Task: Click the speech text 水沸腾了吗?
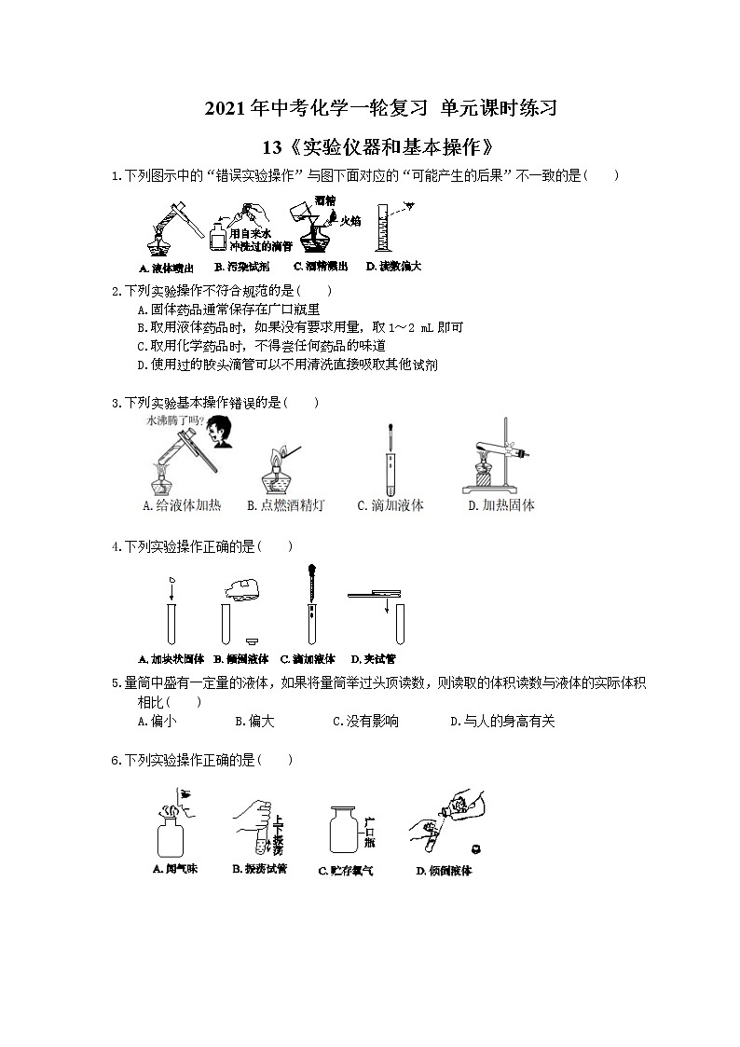point(171,421)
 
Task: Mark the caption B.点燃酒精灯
point(286,505)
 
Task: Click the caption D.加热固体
point(501,505)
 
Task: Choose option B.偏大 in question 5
point(254,721)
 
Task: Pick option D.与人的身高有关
point(502,721)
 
